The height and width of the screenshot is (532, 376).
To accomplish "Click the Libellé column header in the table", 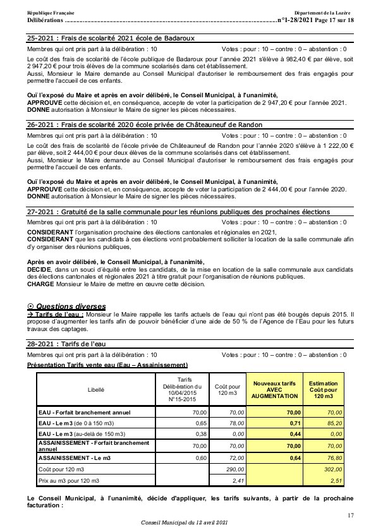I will (96, 390).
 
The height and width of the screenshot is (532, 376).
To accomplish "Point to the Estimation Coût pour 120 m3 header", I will (323, 389).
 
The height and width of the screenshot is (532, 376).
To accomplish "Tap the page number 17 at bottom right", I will (351, 516).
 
